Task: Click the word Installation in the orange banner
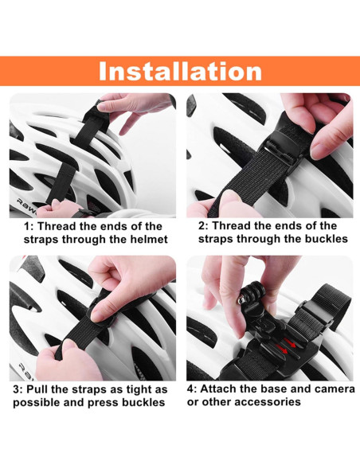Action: tap(180, 71)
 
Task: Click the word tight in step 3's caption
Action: tap(139, 390)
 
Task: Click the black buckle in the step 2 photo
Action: tap(281, 150)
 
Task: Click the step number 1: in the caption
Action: tap(29, 227)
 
